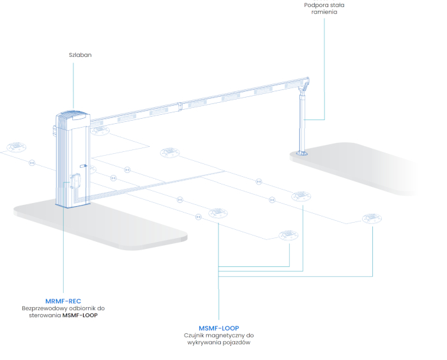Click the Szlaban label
pyautogui.click(x=80, y=55)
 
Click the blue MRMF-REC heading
pyautogui.click(x=63, y=301)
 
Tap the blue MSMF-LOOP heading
pyautogui.click(x=218, y=328)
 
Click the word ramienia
pyautogui.click(x=324, y=12)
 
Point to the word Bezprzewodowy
pyautogui.click(x=45, y=308)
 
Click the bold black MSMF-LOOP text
pyautogui.click(x=80, y=315)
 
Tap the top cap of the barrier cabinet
pyautogui.click(x=73, y=115)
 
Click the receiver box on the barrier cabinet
pyautogui.click(x=75, y=181)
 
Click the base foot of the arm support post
pyautogui.click(x=301, y=154)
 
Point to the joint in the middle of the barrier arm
pyautogui.click(x=180, y=107)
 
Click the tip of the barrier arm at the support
pyautogui.click(x=308, y=80)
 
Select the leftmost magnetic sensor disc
pyautogui.click(x=17, y=147)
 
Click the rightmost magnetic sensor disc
pyautogui.click(x=372, y=218)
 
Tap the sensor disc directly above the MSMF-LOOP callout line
pyautogui.click(x=218, y=213)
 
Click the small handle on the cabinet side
pyautogui.click(x=83, y=165)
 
